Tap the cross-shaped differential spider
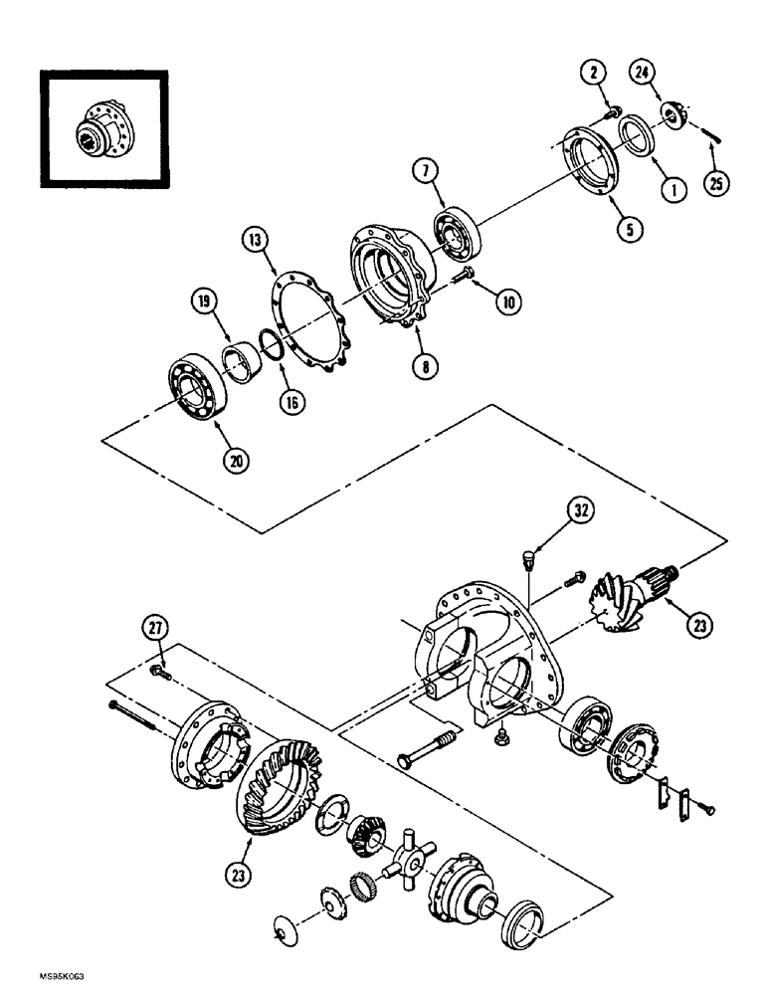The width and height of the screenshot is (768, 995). (x=413, y=848)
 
